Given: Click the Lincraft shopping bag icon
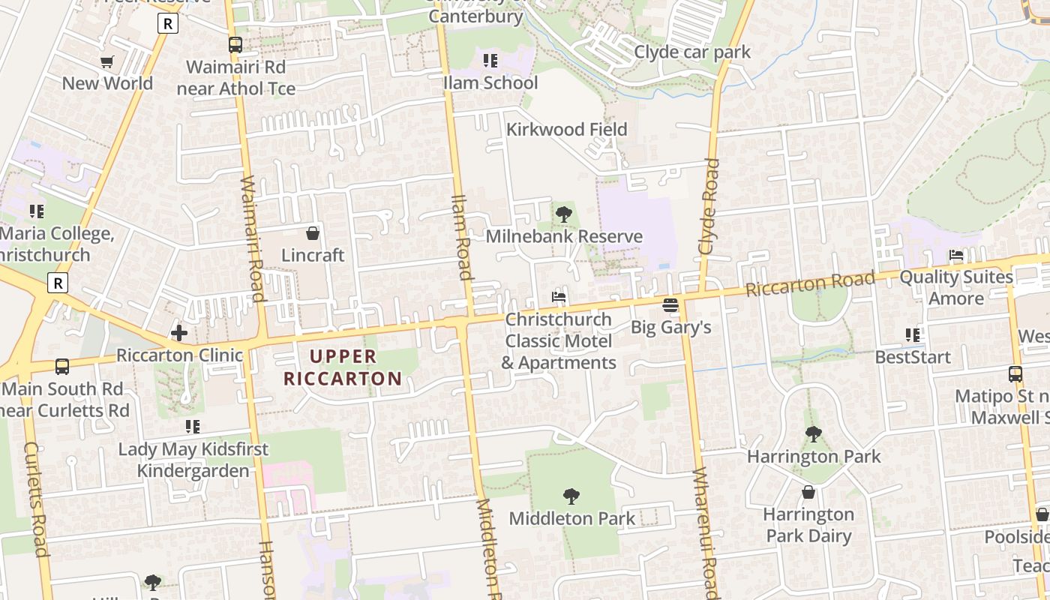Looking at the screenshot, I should pyautogui.click(x=313, y=233).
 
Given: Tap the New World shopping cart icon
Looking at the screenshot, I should pyautogui.click(x=107, y=61).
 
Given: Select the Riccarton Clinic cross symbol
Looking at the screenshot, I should pyautogui.click(x=178, y=333).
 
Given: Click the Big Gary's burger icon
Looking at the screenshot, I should pyautogui.click(x=670, y=305).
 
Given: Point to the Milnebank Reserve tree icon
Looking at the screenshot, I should pyautogui.click(x=563, y=214).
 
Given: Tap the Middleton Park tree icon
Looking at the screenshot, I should pyautogui.click(x=571, y=496).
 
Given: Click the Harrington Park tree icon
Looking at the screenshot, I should pyautogui.click(x=813, y=433).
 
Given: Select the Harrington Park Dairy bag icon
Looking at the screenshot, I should pyautogui.click(x=808, y=492).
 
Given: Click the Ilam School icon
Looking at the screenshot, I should pyautogui.click(x=490, y=61).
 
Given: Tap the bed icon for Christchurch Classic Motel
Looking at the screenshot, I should pyautogui.click(x=559, y=297).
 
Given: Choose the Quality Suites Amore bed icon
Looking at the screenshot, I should pyautogui.click(x=956, y=255).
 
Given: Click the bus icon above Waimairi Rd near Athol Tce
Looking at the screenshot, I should pyautogui.click(x=235, y=45).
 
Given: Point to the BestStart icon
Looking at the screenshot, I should pyautogui.click(x=912, y=334).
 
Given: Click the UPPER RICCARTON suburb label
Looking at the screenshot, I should pyautogui.click(x=343, y=367).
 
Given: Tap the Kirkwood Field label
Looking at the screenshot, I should pyautogui.click(x=566, y=129).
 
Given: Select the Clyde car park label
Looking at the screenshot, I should pyautogui.click(x=691, y=52).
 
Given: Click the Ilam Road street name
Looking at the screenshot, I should pyautogui.click(x=461, y=237).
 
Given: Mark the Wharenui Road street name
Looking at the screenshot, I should pyautogui.click(x=706, y=529).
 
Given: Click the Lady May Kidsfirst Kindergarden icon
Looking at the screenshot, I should pyautogui.click(x=193, y=427).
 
